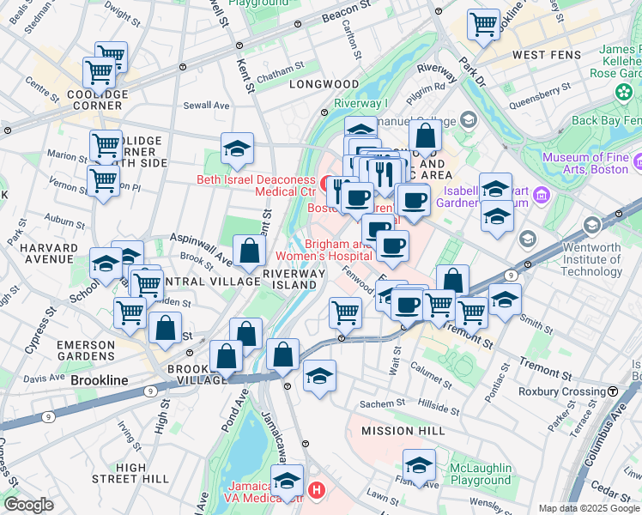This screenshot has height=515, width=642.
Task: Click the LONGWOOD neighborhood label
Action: coord(324,84)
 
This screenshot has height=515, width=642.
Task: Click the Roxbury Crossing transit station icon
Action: coord(613,391)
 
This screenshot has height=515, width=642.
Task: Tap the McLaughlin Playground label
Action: coord(481,475)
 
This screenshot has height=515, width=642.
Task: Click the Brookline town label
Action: coord(99,380)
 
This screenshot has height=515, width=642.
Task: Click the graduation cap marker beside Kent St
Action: coord(237,149)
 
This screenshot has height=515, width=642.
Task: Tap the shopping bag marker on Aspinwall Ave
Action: coord(249,251)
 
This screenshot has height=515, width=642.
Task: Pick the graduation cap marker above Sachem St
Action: coord(319,376)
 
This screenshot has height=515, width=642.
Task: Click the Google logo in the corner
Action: coord(28,505)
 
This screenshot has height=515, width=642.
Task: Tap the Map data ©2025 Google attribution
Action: coord(588,508)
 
